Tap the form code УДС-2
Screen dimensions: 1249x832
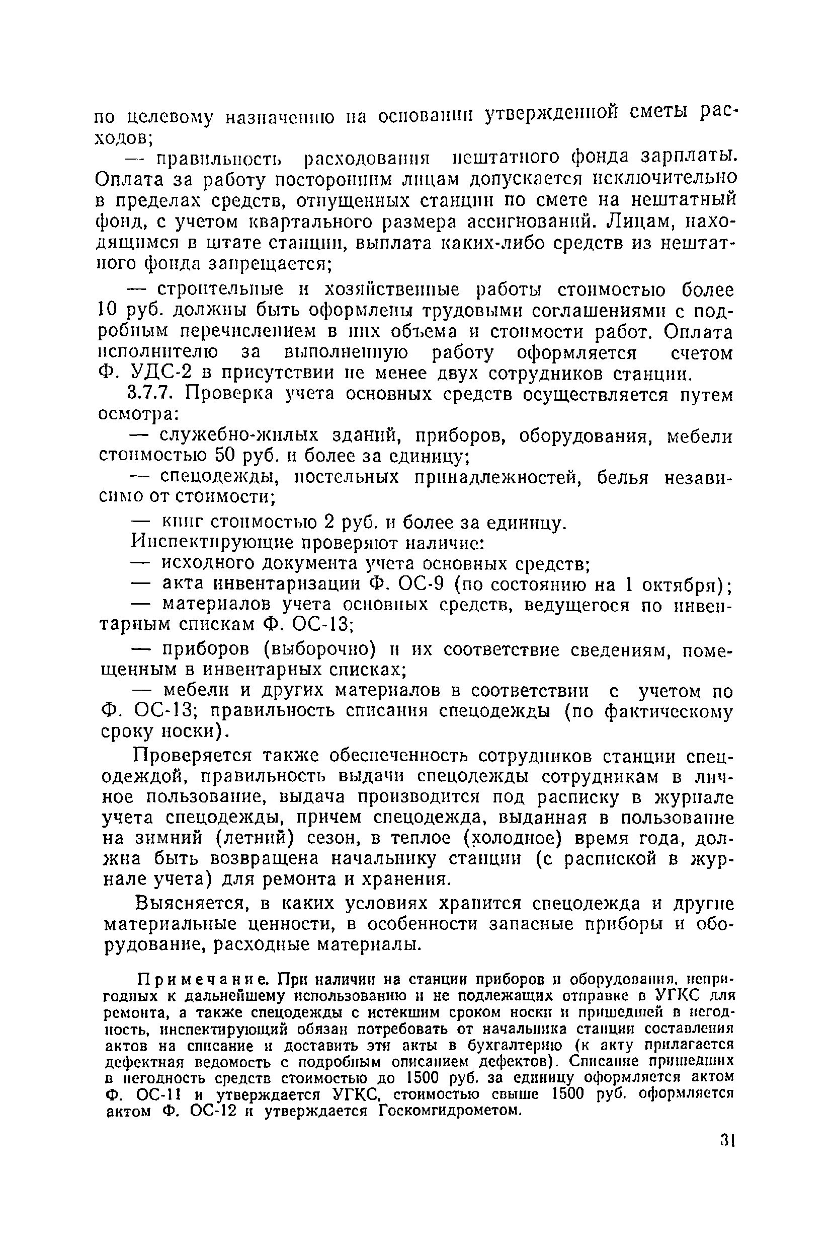153,374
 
